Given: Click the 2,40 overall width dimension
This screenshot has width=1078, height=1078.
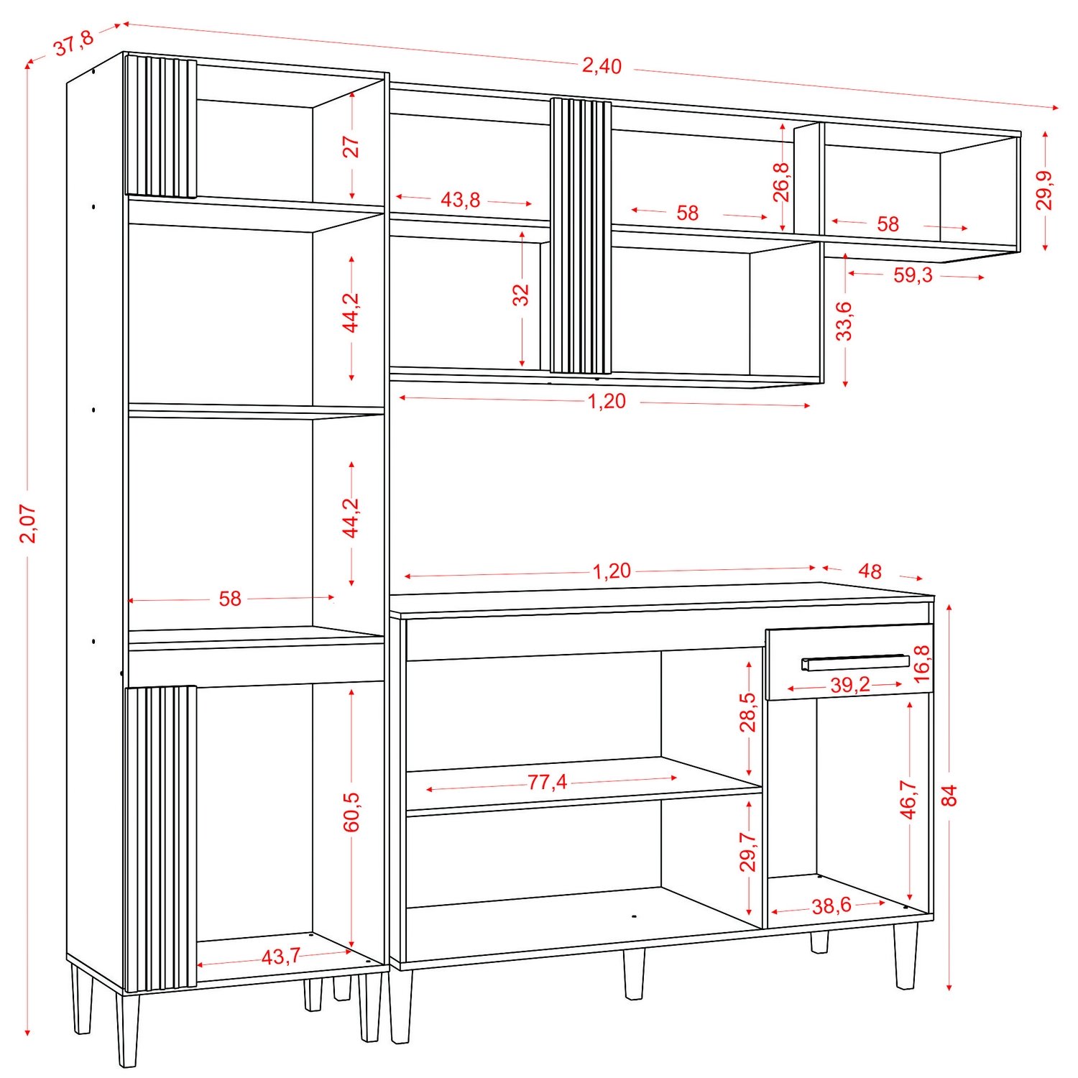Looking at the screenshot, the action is click(x=602, y=66).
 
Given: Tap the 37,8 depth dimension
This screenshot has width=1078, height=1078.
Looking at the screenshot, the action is click(x=74, y=44).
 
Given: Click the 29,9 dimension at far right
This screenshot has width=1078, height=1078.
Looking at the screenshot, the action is click(x=1044, y=190).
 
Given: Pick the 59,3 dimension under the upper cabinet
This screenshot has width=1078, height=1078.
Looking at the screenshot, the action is click(x=913, y=275).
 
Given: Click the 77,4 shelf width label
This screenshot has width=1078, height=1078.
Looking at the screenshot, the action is click(x=547, y=782).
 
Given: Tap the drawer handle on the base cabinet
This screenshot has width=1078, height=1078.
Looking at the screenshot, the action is click(x=855, y=662).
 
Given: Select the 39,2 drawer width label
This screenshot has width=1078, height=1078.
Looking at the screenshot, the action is click(x=850, y=685).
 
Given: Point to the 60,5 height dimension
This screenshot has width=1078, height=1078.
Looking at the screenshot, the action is click(x=351, y=812).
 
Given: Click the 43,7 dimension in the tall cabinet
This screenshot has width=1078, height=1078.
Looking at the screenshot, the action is click(x=280, y=957).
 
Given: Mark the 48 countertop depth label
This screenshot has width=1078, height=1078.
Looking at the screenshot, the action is click(x=870, y=571).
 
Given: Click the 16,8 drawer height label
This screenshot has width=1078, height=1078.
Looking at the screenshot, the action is click(x=921, y=663).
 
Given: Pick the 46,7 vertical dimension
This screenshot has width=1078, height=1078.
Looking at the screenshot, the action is click(x=908, y=799).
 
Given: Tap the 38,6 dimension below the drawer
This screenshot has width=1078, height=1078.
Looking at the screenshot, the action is click(x=831, y=906).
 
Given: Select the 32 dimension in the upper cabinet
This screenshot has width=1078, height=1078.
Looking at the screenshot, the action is click(x=520, y=295).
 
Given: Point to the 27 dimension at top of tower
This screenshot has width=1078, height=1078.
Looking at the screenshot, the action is click(x=351, y=147).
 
